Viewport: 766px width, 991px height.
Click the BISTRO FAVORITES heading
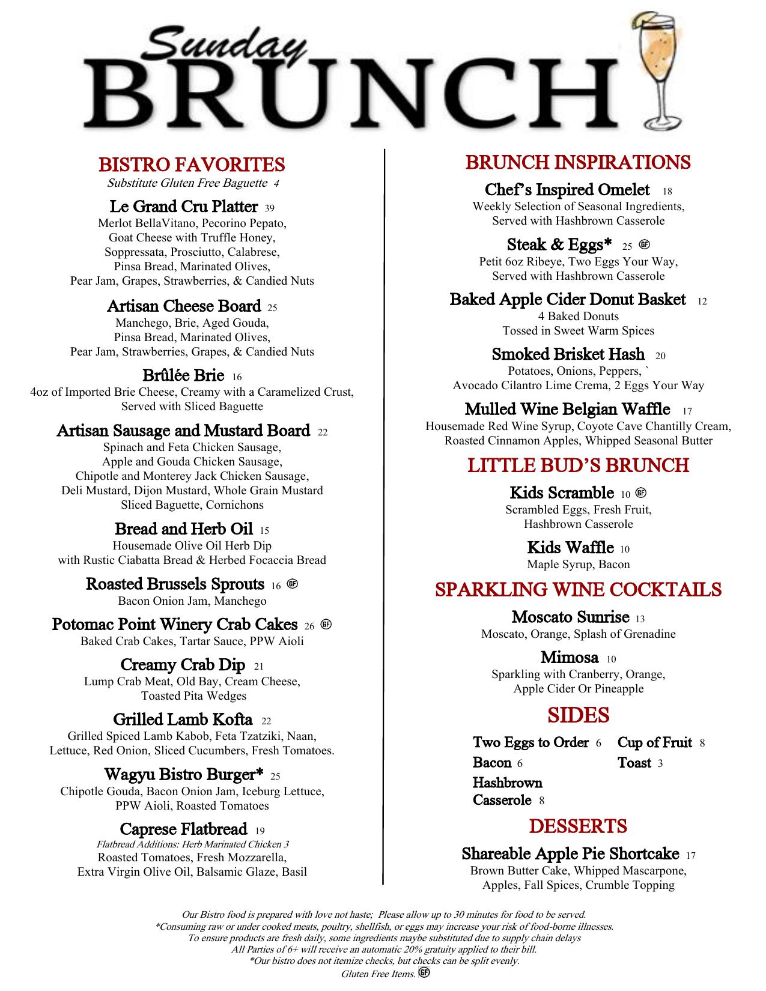coord(192,165)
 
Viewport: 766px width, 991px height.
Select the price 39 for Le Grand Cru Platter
coord(269,208)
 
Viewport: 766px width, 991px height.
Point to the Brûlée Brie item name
coord(183,375)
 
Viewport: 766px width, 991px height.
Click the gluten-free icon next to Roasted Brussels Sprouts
coord(293,584)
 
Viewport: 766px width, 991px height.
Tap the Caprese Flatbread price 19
coord(260,831)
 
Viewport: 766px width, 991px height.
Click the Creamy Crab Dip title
coord(183,665)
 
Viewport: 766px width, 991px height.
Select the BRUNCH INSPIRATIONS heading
coord(578,162)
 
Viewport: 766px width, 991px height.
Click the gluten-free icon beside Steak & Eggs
coord(645,244)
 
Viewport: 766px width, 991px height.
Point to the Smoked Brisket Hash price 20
coord(660,356)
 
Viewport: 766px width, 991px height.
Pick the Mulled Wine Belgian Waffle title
coord(567,409)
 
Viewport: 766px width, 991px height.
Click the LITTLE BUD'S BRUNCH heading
coord(578,465)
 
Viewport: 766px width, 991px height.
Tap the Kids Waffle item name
coord(570,548)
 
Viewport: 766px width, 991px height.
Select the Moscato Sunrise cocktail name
coord(570,617)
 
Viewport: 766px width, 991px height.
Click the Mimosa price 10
coord(611,659)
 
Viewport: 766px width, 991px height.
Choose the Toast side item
coord(634,763)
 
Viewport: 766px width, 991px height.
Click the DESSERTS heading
coord(578,826)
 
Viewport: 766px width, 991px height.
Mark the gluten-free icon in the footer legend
coord(424,974)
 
